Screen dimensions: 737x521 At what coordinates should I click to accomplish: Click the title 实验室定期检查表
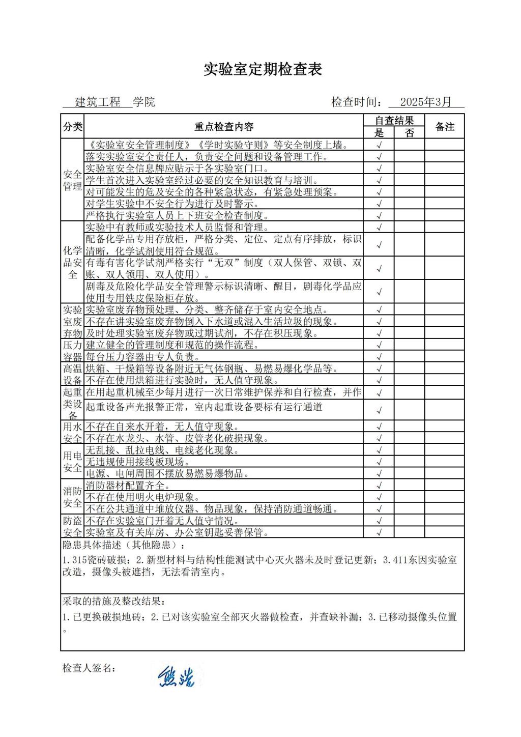pos(263,70)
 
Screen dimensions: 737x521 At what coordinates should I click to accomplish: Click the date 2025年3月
pos(425,102)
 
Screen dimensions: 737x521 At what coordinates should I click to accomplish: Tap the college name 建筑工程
pos(98,102)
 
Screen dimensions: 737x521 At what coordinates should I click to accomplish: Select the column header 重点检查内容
pos(223,127)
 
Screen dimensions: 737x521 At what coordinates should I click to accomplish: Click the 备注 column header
pos(445,127)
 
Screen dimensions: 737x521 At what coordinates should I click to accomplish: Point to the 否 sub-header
pos(410,133)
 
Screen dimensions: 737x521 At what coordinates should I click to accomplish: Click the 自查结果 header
pos(394,121)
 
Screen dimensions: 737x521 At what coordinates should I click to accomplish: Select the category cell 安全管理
pos(72,180)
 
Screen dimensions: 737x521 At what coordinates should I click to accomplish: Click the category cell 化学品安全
pos(72,262)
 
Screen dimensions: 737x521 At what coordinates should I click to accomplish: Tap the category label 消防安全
pos(72,497)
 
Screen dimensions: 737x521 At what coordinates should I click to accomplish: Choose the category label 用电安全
pos(72,462)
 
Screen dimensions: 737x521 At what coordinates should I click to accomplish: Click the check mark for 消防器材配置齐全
pos(379,486)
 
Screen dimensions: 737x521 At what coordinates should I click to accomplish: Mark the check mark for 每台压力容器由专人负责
pos(379,357)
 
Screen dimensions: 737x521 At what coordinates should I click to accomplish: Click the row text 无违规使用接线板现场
pos(138,462)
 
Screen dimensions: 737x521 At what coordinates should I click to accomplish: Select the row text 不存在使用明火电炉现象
pos(142,497)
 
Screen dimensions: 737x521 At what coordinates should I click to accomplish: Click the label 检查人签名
pos(89,668)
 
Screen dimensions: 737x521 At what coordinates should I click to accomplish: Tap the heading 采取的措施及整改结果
pos(114,601)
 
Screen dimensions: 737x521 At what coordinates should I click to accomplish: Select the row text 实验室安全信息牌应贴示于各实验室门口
pos(177,168)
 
